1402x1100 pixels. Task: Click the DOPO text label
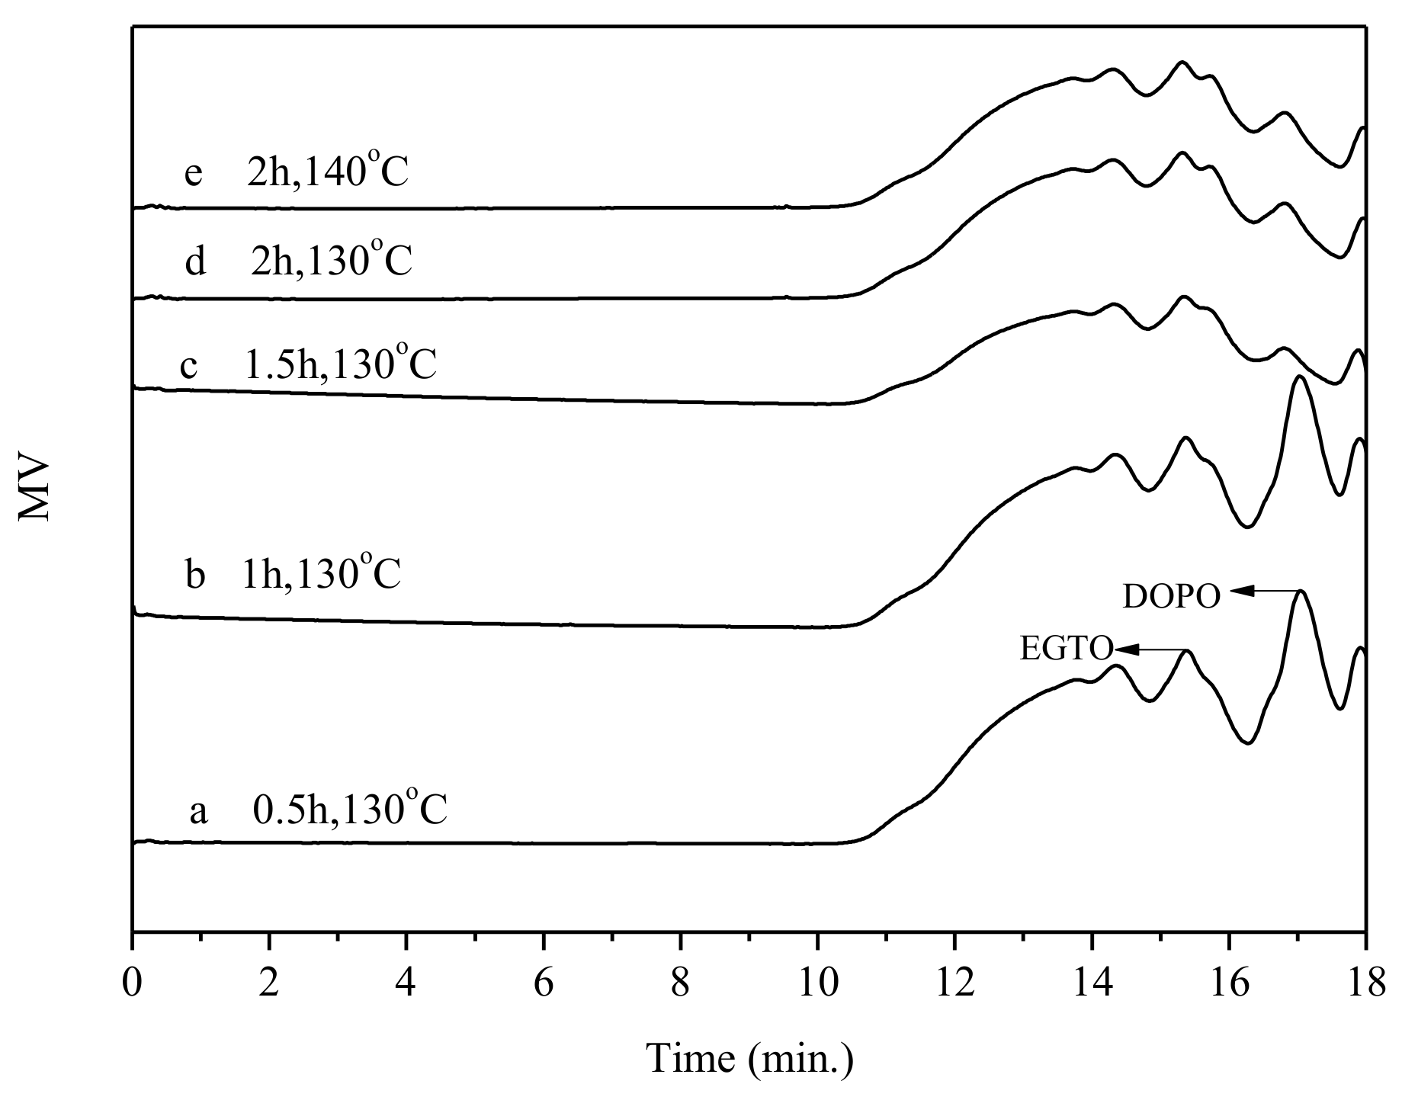point(1171,597)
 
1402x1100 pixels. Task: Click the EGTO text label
point(1066,649)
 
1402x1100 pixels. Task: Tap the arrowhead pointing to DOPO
point(1239,591)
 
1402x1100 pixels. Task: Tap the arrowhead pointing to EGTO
point(1127,649)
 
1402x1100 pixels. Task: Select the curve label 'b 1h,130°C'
point(294,574)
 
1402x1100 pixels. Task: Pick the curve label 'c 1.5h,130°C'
point(309,364)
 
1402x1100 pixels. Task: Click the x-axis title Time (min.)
point(749,1058)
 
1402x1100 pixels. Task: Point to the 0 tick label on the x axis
point(133,984)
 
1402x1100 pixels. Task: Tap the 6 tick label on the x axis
point(544,984)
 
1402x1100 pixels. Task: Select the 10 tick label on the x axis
point(817,984)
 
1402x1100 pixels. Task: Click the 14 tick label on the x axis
point(1092,984)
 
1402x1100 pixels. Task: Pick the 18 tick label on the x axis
point(1365,984)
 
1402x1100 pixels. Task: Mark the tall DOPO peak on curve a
point(1301,592)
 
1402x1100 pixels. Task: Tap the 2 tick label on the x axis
point(269,984)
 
